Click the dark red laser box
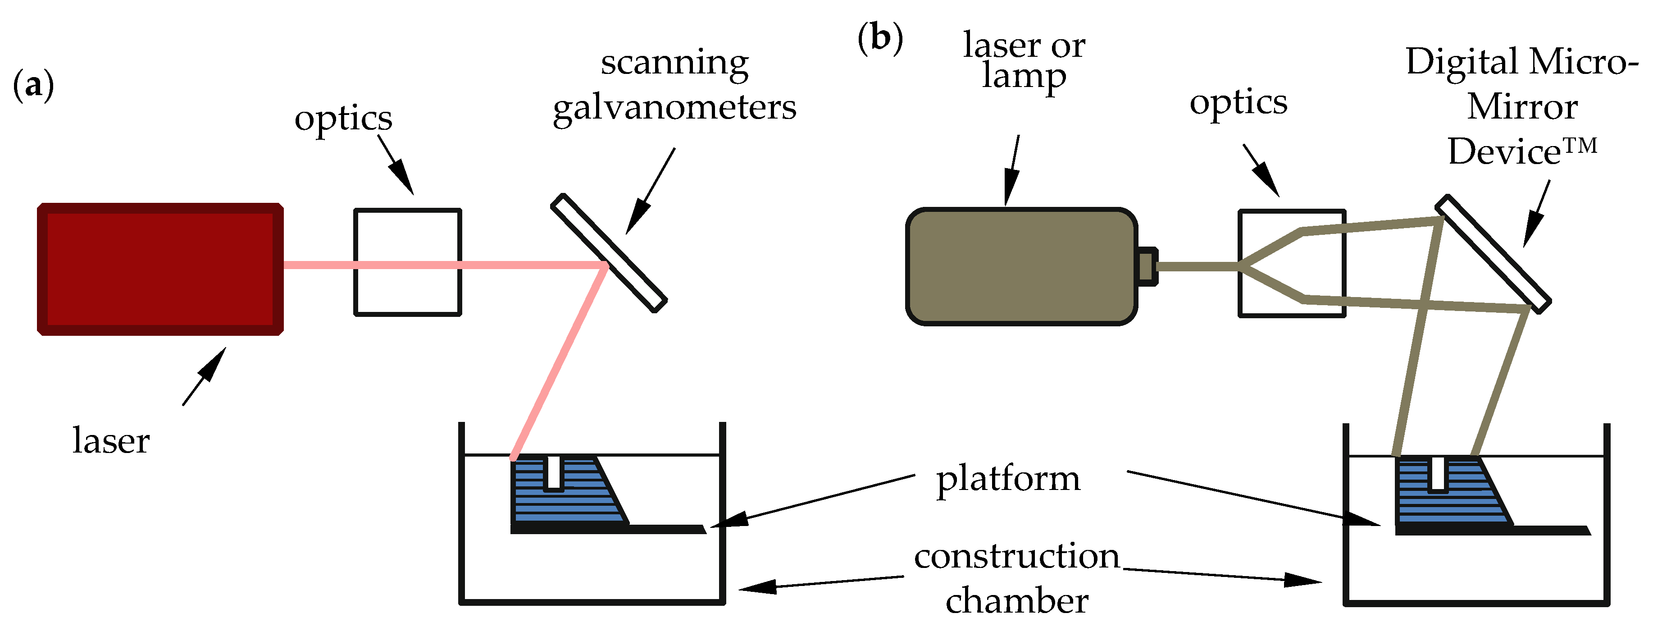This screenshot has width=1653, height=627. coord(160,269)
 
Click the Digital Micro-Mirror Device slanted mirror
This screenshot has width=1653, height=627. coord(1493,253)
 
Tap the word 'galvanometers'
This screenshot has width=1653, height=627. coord(674,107)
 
